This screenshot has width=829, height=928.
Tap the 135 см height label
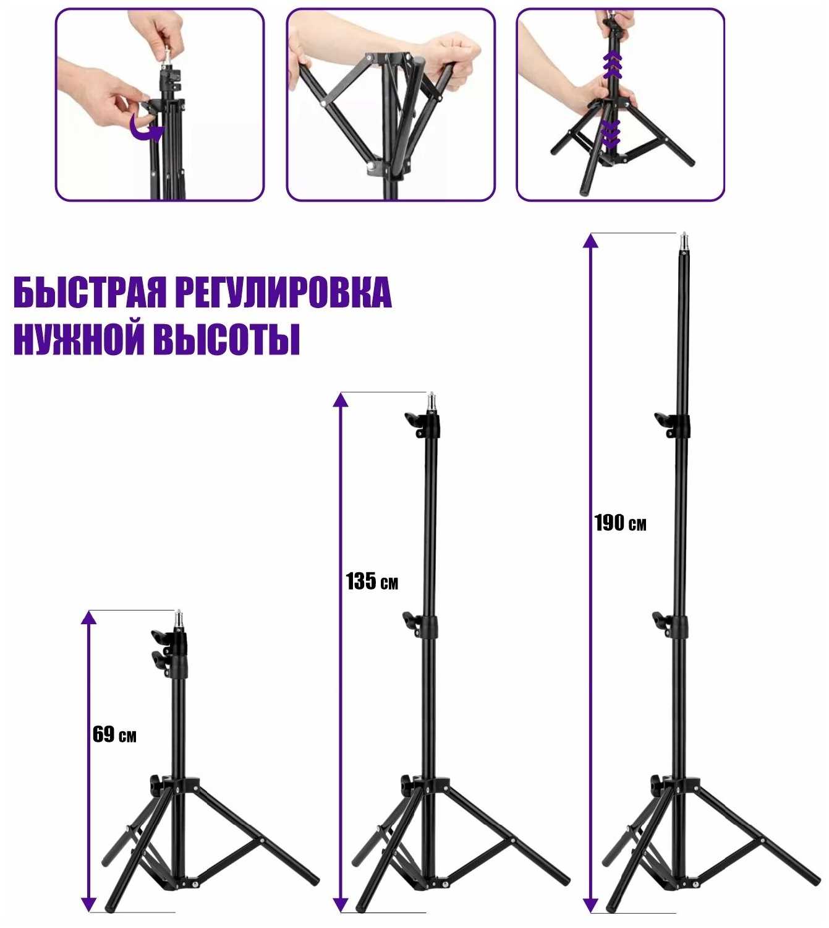(372, 582)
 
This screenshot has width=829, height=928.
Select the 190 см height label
(620, 523)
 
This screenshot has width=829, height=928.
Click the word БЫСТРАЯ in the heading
(90, 292)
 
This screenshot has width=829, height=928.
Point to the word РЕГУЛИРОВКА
(284, 292)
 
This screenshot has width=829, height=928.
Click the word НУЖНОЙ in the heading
(79, 340)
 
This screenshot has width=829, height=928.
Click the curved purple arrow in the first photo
(145, 129)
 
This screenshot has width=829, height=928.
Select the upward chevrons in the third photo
(612, 64)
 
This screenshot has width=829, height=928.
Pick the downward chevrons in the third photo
(611, 133)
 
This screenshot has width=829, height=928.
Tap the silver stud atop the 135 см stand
(432, 402)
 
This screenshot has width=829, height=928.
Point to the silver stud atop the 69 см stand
(179, 620)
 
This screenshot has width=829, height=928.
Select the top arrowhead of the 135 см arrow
(339, 400)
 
